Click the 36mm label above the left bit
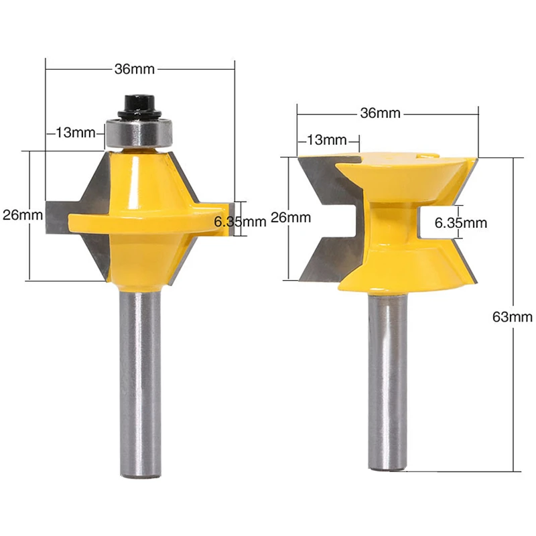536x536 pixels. (135, 69)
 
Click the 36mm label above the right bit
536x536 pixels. (380, 113)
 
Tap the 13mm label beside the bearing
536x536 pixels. (76, 133)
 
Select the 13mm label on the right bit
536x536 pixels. (327, 140)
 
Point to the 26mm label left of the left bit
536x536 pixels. (23, 215)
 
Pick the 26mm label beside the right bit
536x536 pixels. (291, 217)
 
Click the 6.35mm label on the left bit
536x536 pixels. (240, 222)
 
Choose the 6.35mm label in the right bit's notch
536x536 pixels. (461, 223)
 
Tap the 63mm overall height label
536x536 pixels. (512, 317)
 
